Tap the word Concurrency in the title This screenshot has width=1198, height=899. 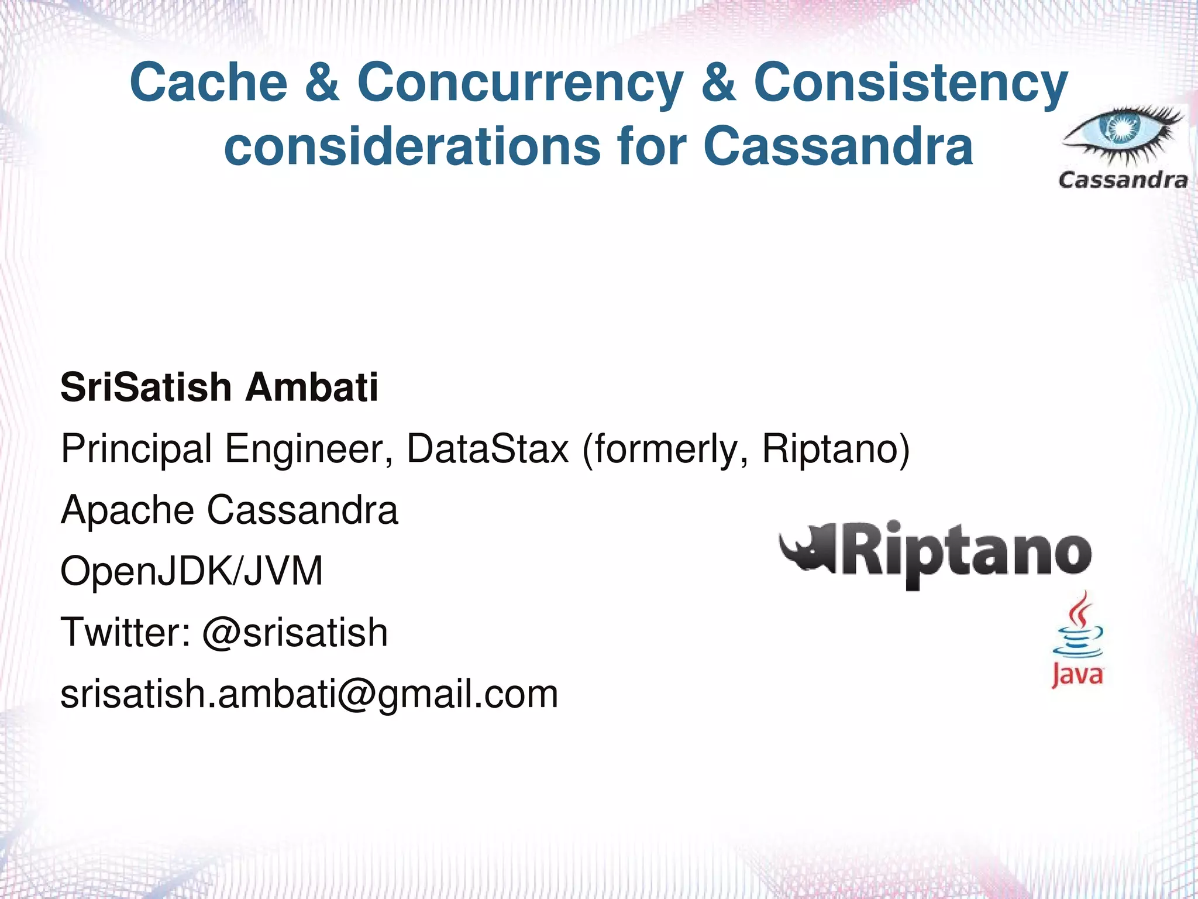pos(520,83)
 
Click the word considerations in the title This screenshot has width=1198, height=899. pos(412,146)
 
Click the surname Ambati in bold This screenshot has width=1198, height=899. pos(311,387)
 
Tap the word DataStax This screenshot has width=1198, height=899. pos(487,449)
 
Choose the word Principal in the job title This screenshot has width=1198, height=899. pos(136,449)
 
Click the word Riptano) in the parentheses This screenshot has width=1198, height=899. pos(835,449)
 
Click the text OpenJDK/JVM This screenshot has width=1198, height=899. pos(192,571)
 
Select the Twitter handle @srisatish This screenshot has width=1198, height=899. pos(295,633)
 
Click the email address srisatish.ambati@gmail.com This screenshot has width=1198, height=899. pos(309,694)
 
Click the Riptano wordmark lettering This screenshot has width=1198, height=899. pos(965,553)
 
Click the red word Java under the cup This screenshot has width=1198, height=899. pos(1077,675)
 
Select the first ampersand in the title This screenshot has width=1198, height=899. pos(322,83)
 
